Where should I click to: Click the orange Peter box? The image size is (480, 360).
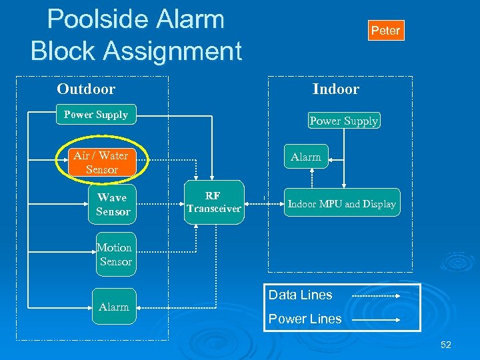click(385, 31)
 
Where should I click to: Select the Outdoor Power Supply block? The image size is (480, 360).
click(96, 115)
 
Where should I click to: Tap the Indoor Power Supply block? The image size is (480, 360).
click(343, 121)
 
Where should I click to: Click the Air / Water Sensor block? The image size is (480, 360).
click(101, 163)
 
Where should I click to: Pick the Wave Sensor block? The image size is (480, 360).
click(113, 205)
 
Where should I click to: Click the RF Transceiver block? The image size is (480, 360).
click(213, 203)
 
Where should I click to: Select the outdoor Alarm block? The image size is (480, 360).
click(113, 307)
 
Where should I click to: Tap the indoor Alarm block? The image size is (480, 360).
click(306, 157)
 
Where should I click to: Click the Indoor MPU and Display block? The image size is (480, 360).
click(341, 205)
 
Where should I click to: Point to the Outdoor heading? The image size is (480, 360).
click(86, 89)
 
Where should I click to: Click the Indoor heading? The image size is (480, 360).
click(335, 89)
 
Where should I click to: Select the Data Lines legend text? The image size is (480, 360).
click(300, 295)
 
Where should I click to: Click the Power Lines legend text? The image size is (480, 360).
click(305, 319)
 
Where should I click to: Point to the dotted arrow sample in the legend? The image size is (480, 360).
click(375, 295)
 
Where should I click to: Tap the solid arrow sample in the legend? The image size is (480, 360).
click(375, 320)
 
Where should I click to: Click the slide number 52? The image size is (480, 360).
click(445, 345)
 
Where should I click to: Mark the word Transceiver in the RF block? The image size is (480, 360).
click(213, 209)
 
